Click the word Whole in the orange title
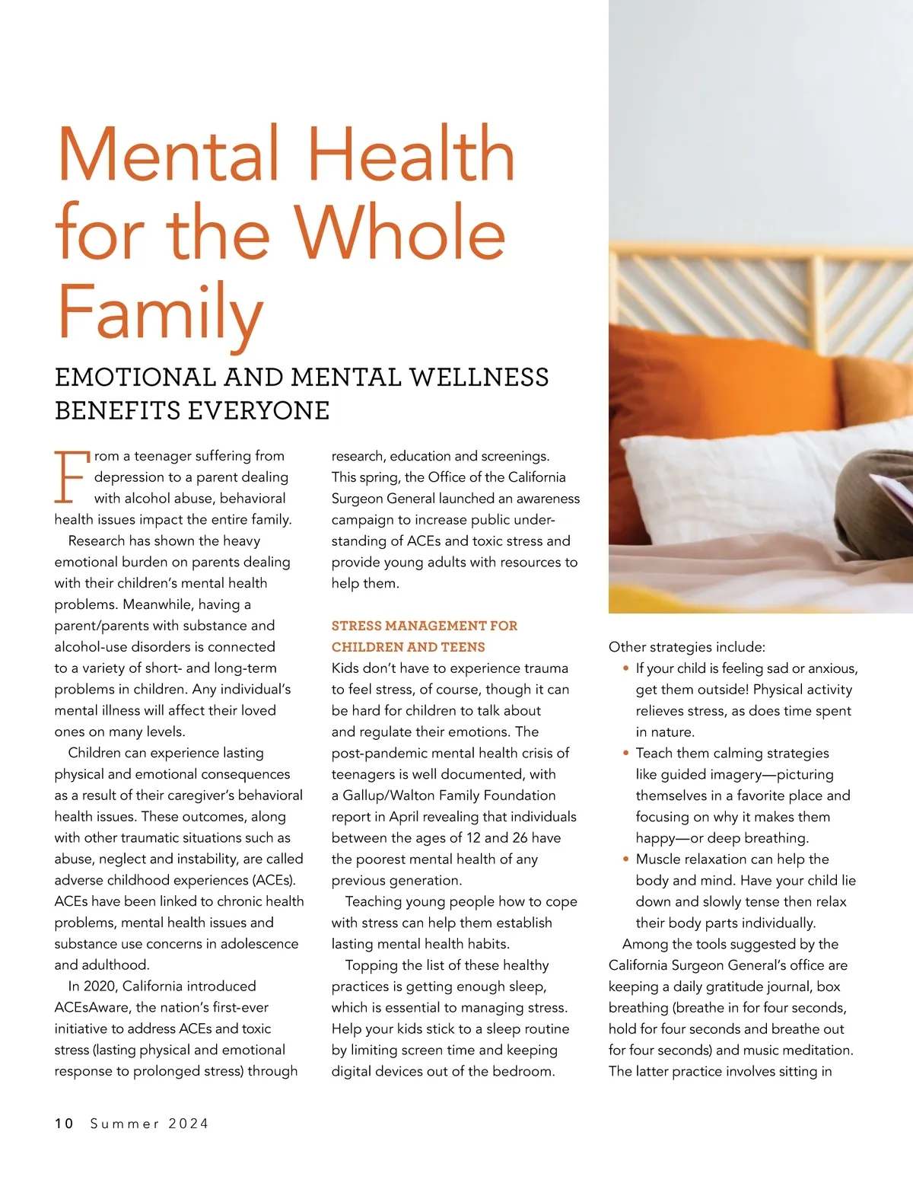[x=400, y=232]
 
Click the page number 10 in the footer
[x=64, y=1124]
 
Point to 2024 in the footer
[x=189, y=1124]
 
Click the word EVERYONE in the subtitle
[x=259, y=411]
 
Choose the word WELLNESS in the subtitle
[x=479, y=378]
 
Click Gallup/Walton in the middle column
[x=391, y=795]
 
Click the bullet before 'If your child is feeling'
[x=625, y=668]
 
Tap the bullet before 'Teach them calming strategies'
[x=625, y=753]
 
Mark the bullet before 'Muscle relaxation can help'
[x=625, y=859]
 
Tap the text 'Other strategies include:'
[x=687, y=647]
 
